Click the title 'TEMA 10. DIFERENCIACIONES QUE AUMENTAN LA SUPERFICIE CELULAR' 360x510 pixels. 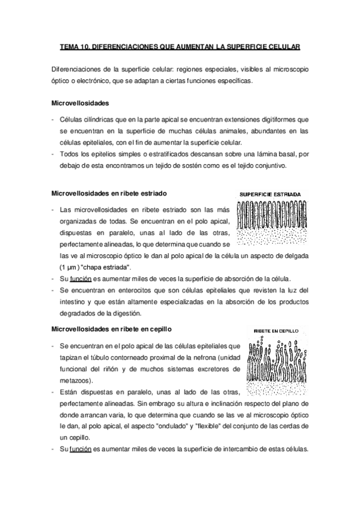coord(180,46)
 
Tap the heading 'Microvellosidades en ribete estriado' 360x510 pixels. coord(109,194)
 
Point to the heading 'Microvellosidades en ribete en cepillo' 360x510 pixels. coord(112,329)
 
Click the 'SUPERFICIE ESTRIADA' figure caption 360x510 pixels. coord(271,195)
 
